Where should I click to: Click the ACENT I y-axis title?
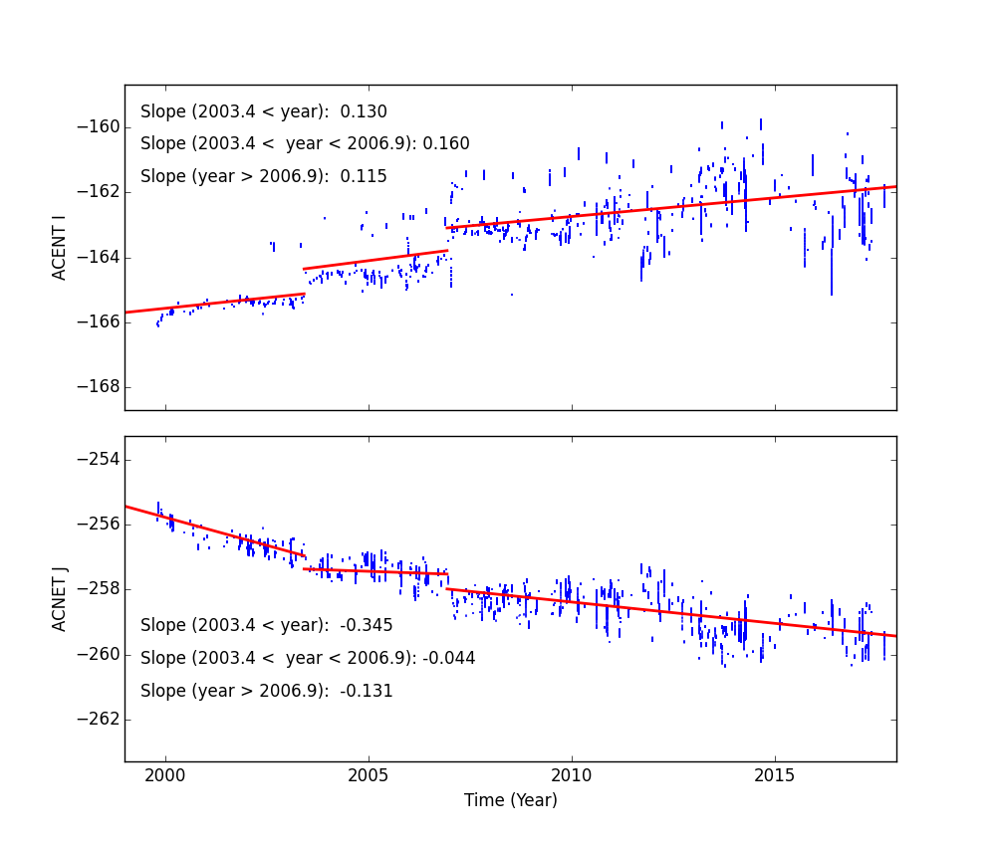tap(60, 247)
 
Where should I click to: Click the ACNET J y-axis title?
tap(60, 598)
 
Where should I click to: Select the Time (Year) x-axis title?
tap(510, 800)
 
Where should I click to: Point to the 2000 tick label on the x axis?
tap(165, 775)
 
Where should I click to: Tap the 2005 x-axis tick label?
tap(369, 775)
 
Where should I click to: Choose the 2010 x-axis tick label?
tap(572, 775)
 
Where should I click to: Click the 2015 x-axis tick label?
tap(775, 775)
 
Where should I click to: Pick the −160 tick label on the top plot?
tap(98, 126)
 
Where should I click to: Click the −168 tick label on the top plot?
tap(98, 386)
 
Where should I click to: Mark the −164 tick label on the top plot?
tap(98, 257)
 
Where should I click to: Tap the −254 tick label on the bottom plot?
tap(98, 459)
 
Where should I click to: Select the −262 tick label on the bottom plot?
tap(98, 719)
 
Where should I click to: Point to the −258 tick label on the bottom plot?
tap(98, 589)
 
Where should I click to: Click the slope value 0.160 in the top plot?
tap(446, 144)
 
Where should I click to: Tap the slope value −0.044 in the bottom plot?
tap(449, 659)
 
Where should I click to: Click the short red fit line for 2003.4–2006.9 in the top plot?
tap(375, 260)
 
